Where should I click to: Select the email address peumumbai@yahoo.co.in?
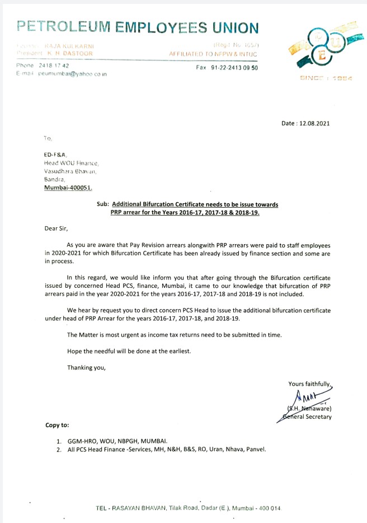73,74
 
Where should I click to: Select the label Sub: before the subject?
102,205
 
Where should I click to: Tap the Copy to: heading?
57,426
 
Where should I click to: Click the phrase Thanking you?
86,368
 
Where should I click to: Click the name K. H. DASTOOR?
70,53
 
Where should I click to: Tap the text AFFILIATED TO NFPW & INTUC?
214,53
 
